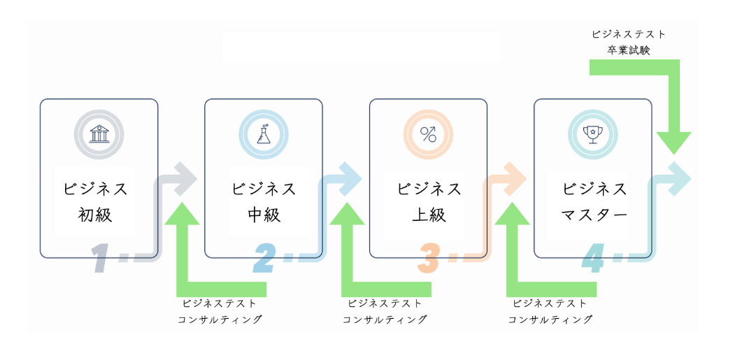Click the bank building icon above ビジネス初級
(99, 134)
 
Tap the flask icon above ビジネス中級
(264, 134)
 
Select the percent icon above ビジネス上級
(428, 134)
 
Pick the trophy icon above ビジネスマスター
(592, 134)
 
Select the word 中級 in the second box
(264, 215)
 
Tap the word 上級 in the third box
(429, 215)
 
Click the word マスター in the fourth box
(594, 215)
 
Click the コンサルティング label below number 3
(550, 319)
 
